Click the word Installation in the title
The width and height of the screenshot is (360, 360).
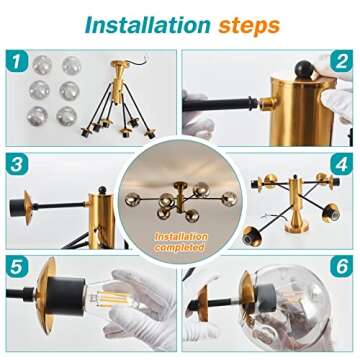pyautogui.click(x=148, y=25)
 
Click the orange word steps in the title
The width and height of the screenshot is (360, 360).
pyautogui.click(x=249, y=26)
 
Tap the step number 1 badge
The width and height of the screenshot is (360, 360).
pyautogui.click(x=17, y=61)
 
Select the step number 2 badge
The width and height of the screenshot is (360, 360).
pyautogui.click(x=341, y=61)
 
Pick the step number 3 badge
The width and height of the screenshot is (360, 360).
pyautogui.click(x=17, y=164)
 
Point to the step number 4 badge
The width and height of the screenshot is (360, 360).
pyautogui.click(x=341, y=164)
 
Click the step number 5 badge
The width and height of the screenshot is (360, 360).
pyautogui.click(x=17, y=267)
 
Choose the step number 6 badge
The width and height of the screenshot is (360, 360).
pyautogui.click(x=341, y=267)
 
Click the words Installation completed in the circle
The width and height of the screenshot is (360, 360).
pyautogui.click(x=180, y=242)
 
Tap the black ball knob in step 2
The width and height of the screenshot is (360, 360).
pyautogui.click(x=304, y=69)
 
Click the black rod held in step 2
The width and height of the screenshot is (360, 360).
pyautogui.click(x=221, y=104)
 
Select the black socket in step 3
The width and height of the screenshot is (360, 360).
pyautogui.click(x=16, y=207)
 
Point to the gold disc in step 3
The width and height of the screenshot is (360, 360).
pyautogui.click(x=28, y=207)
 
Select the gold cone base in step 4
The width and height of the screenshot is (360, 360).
pyautogui.click(x=296, y=226)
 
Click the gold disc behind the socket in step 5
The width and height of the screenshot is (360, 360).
pyautogui.click(x=46, y=295)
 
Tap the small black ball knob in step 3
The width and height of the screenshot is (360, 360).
pyautogui.click(x=103, y=190)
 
